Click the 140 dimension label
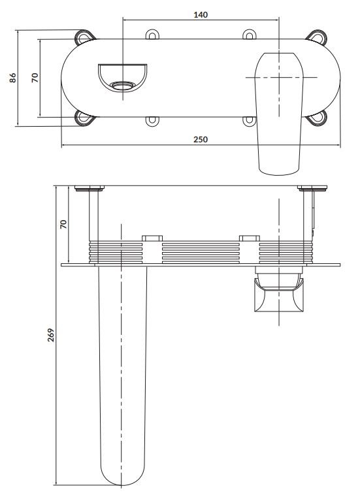pyautogui.click(x=201, y=14)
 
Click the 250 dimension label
pyautogui.click(x=201, y=139)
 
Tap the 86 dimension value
pyautogui.click(x=12, y=78)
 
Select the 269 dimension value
pyautogui.click(x=51, y=335)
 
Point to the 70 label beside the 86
pyautogui.click(x=35, y=78)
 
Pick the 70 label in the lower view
pyautogui.click(x=63, y=225)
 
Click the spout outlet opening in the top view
pyautogui.click(x=123, y=86)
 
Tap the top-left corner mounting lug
pyautogui.click(x=85, y=38)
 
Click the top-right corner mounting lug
pyautogui.click(x=317, y=38)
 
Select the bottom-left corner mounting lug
pyautogui.click(x=85, y=118)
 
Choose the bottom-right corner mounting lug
pyautogui.click(x=317, y=118)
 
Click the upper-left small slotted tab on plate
pyautogui.click(x=152, y=35)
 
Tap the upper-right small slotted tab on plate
pyautogui.click(x=249, y=35)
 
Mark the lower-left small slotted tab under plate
pyautogui.click(x=152, y=121)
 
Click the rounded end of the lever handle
pyautogui.click(x=279, y=168)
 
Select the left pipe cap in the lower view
pyautogui.click(x=90, y=189)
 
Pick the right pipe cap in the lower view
pyautogui.click(x=312, y=189)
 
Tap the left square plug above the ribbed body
pyautogui.click(x=152, y=238)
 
